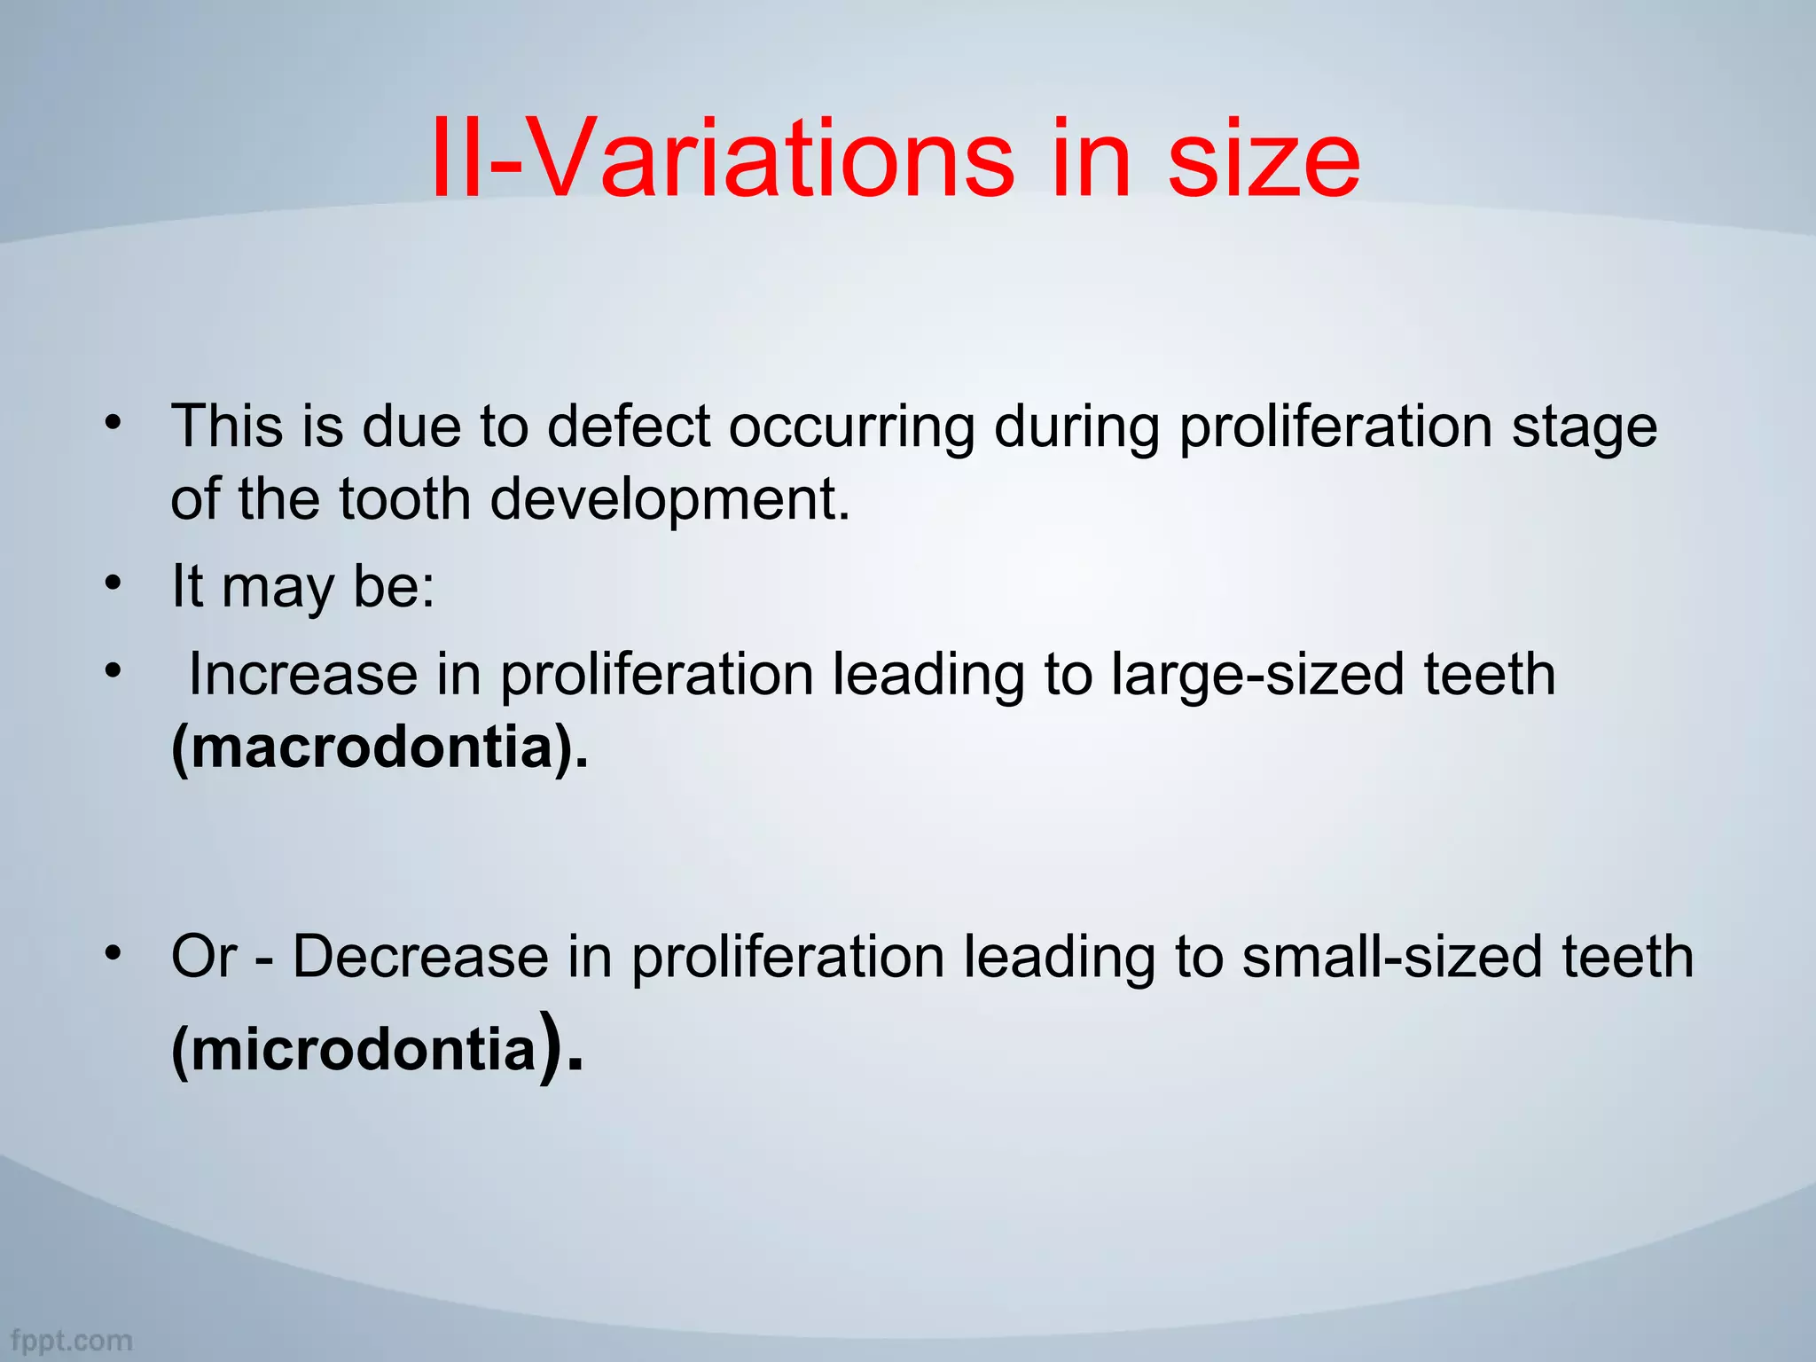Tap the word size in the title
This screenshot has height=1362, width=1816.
[1263, 160]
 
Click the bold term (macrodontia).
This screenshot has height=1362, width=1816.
[380, 747]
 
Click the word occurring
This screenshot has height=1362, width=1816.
[851, 428]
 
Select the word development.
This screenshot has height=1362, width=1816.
[669, 499]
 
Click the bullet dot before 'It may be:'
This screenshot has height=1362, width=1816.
[112, 583]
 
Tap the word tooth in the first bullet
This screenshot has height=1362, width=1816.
[404, 499]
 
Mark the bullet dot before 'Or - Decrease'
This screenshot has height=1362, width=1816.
[112, 952]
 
